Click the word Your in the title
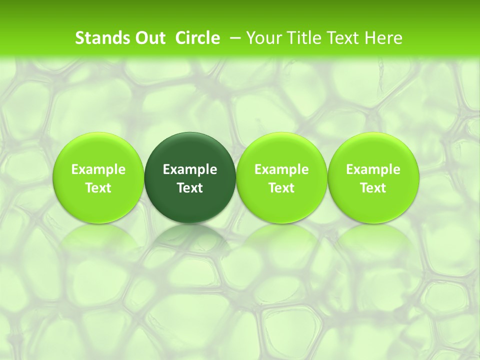tap(263, 38)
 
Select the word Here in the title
tap(383, 38)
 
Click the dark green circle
tap(190, 150)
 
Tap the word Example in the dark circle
tap(190, 169)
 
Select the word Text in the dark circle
tap(190, 188)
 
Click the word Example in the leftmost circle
tap(98, 169)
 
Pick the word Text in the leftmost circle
tap(98, 188)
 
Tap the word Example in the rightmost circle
tap(373, 169)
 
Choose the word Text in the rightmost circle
tap(373, 188)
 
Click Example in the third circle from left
tap(281, 169)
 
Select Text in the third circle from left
tap(281, 188)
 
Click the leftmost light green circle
tap(98, 150)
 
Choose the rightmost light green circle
tap(373, 150)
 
